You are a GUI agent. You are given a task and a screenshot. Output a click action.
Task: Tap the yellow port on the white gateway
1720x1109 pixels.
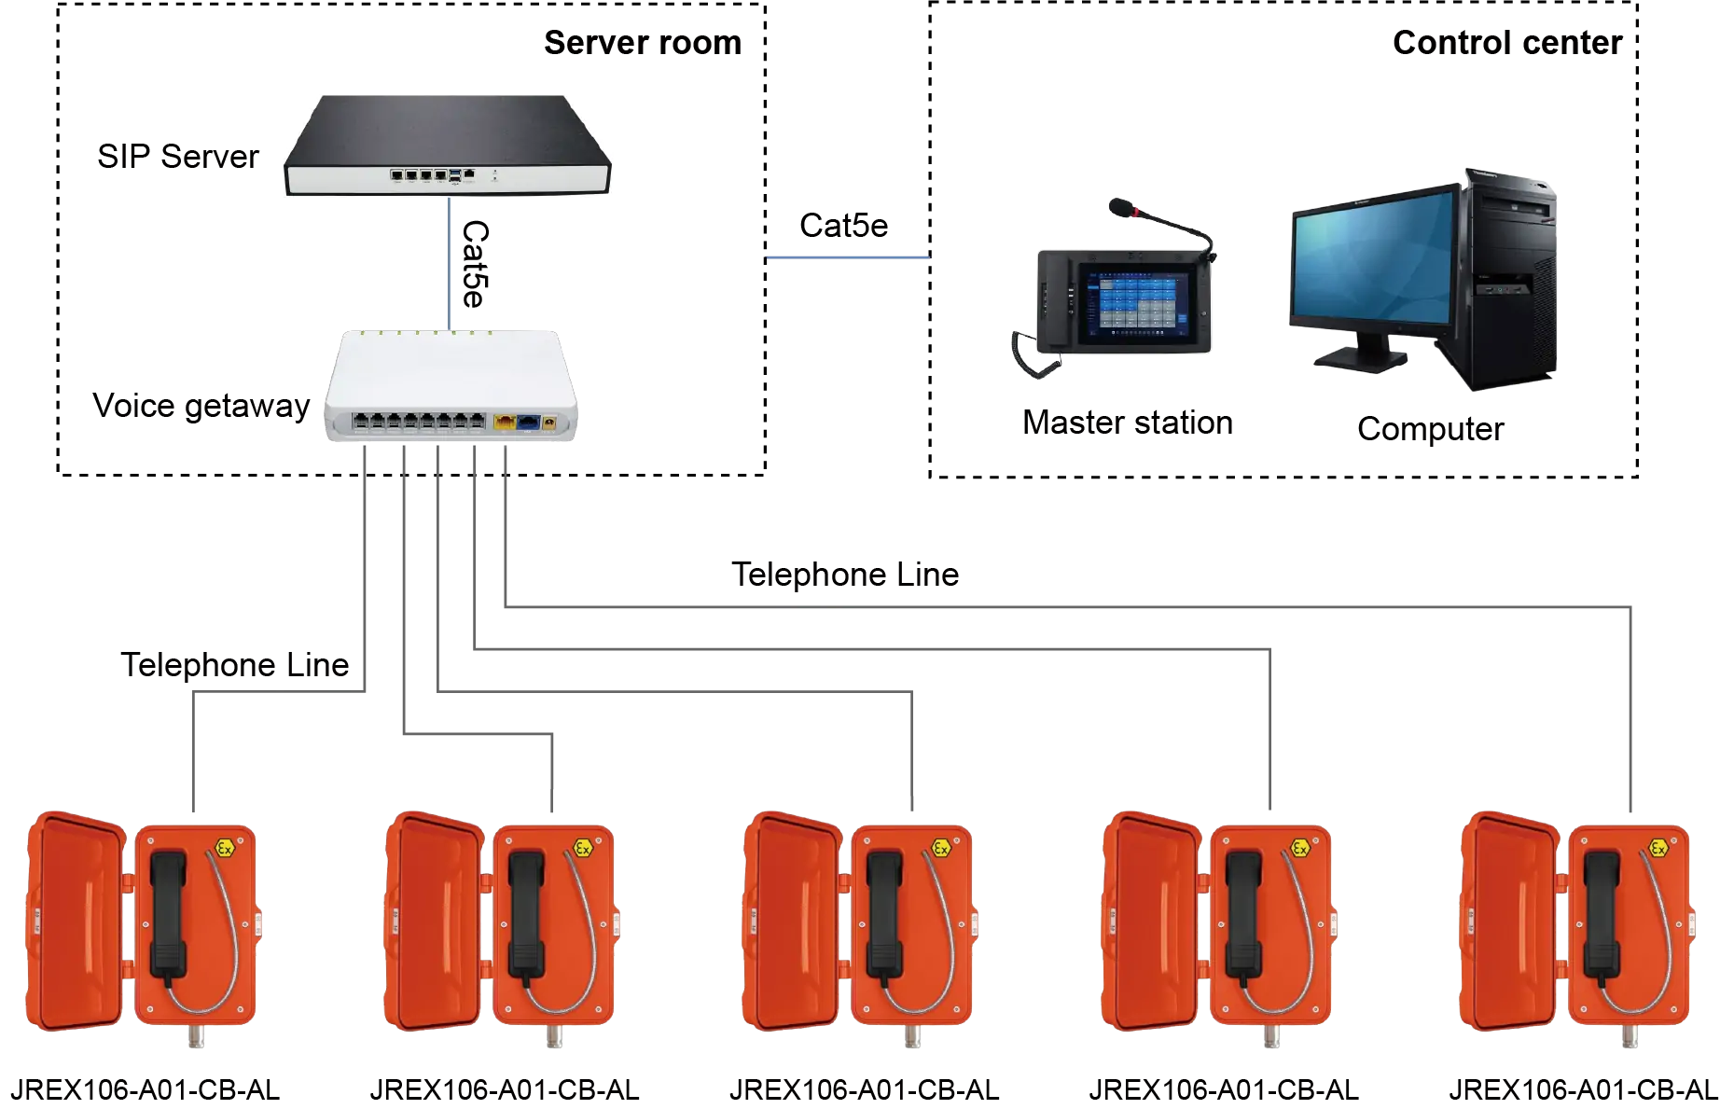tap(505, 423)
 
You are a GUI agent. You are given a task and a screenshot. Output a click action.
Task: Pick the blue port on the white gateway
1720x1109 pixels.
tap(529, 423)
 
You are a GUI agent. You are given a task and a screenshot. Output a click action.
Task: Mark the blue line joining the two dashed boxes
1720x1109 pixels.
tap(847, 256)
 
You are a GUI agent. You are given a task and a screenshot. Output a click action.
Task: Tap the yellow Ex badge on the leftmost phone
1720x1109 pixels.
tap(225, 847)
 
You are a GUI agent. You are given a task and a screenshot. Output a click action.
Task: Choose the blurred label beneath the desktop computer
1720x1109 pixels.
tap(1432, 427)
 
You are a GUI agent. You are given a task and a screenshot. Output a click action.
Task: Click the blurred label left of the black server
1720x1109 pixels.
tap(177, 159)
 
